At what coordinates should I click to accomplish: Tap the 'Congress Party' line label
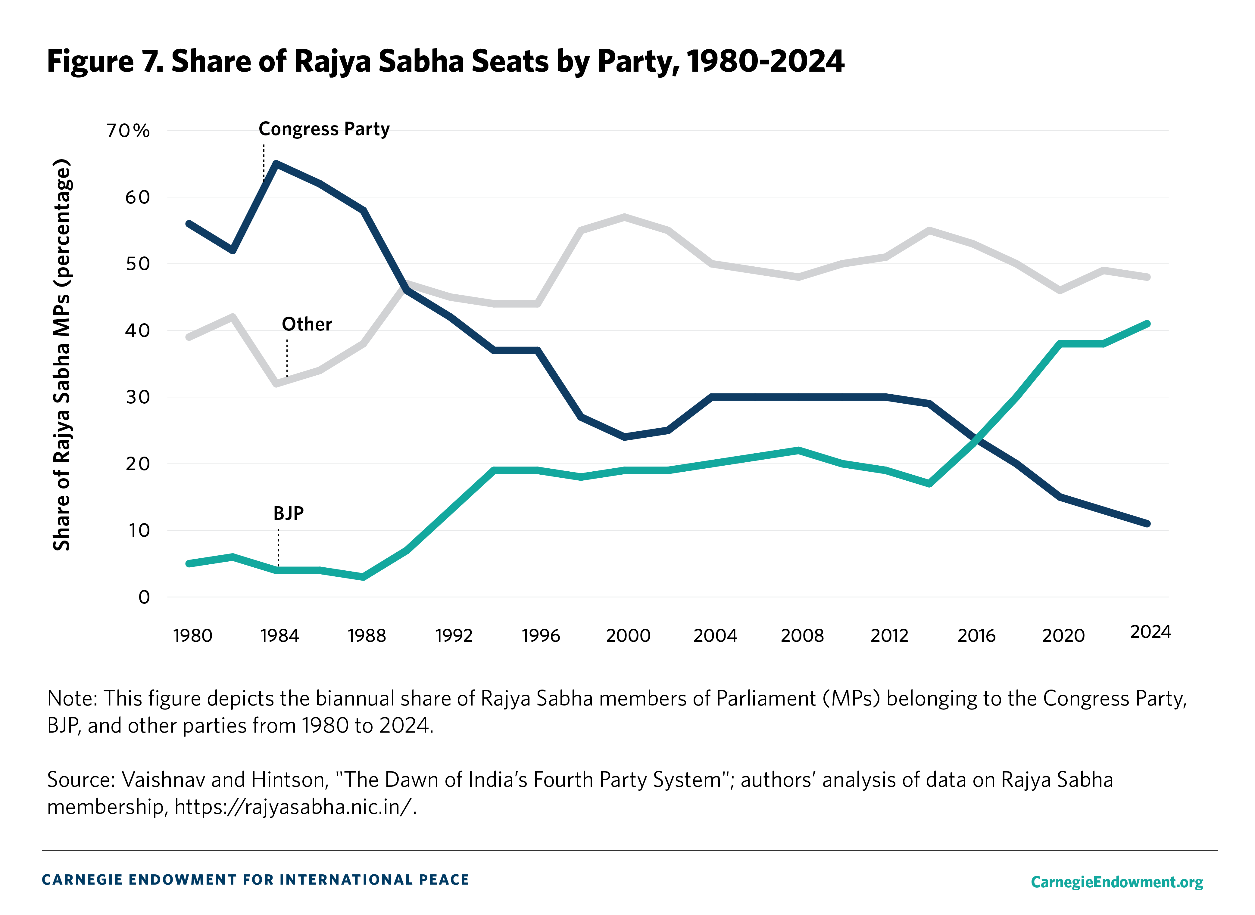[324, 129]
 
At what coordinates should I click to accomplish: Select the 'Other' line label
[307, 324]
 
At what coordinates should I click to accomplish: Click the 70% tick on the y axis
[128, 131]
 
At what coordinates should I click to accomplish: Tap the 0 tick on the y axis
[144, 597]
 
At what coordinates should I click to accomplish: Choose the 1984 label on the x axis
[280, 635]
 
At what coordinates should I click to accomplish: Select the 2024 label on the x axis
[1150, 632]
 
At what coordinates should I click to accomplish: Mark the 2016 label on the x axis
[976, 635]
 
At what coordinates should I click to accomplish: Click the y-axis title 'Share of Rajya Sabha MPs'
[62, 355]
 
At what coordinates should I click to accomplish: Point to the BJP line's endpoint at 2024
[1147, 324]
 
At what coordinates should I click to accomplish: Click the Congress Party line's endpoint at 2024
[1147, 523]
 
